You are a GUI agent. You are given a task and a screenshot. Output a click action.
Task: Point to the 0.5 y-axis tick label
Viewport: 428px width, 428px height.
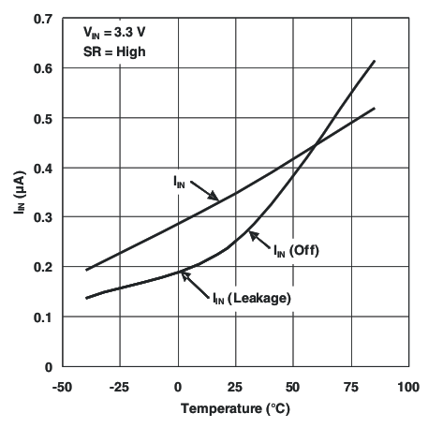[x=41, y=118]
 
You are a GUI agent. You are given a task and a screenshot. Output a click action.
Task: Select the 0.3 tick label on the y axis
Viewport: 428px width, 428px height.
[x=41, y=217]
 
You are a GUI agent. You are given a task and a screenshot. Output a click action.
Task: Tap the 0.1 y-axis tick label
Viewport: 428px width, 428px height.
[x=41, y=317]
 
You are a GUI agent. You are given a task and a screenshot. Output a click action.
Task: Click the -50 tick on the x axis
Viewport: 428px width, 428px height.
[x=61, y=386]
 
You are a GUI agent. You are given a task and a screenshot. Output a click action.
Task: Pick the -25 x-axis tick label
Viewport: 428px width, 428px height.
[x=119, y=386]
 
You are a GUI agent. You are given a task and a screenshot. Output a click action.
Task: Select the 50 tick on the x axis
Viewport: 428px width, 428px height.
[x=292, y=386]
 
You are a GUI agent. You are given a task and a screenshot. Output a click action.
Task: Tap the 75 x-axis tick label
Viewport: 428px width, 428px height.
[x=350, y=386]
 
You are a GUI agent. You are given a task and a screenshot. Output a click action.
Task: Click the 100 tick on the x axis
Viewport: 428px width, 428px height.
[x=407, y=386]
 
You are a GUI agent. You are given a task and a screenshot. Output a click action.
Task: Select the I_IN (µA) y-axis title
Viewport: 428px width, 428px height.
[x=18, y=192]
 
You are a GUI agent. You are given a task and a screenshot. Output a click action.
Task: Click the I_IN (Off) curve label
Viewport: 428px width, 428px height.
[x=296, y=250]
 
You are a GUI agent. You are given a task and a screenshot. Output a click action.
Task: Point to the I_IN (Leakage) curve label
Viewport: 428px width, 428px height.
[x=250, y=298]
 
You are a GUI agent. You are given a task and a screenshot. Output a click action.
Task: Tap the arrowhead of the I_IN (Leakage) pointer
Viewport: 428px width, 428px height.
[x=183, y=273]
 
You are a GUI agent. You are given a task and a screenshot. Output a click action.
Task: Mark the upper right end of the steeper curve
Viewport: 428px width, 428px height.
[x=375, y=61]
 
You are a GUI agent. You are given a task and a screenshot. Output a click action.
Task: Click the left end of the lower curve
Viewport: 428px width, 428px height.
[x=86, y=298]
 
